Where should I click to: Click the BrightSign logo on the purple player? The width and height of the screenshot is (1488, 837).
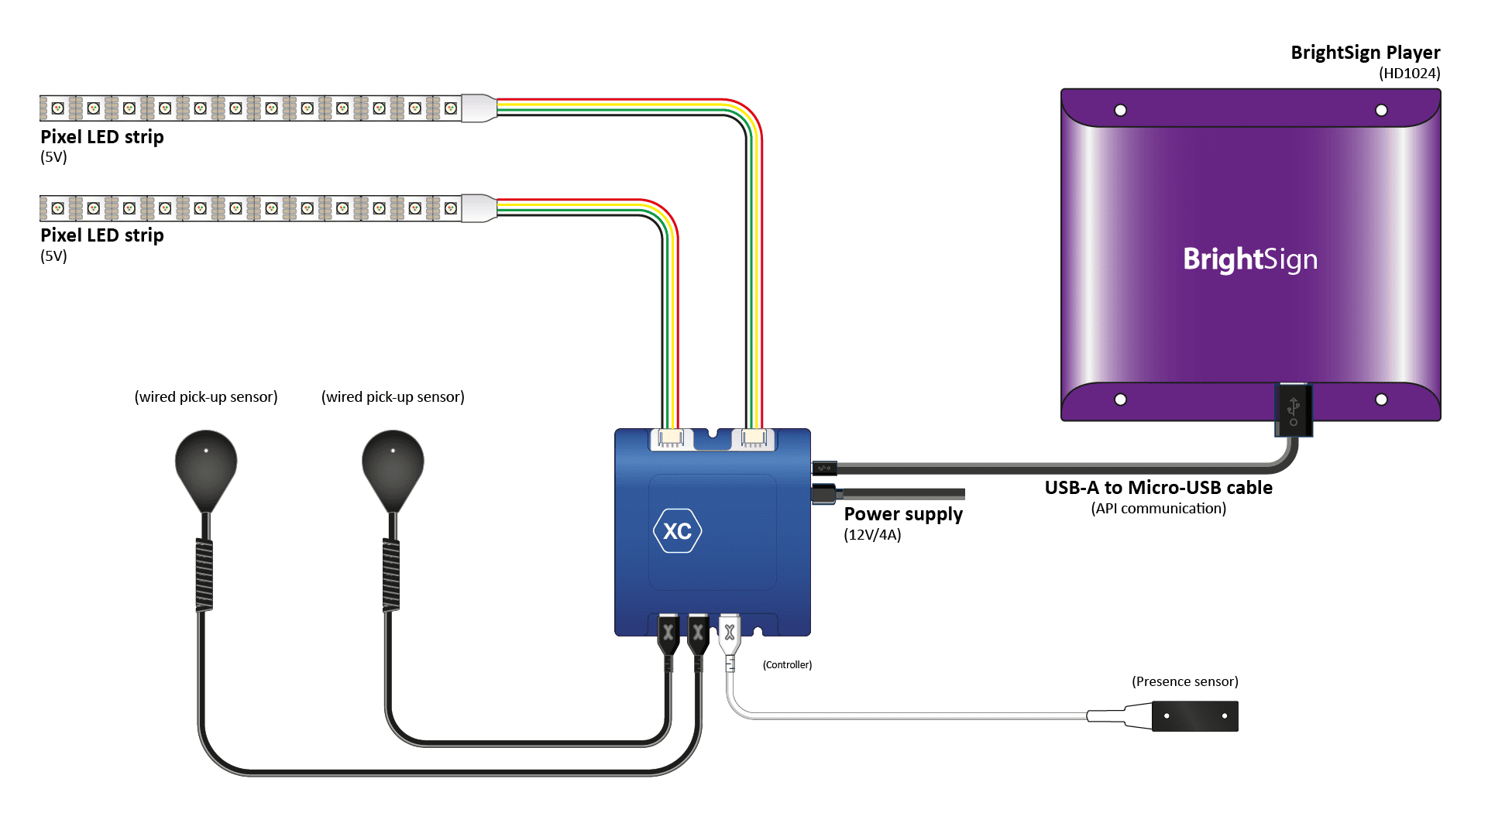(1249, 259)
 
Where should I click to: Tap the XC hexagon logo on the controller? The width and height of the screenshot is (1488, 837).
(677, 531)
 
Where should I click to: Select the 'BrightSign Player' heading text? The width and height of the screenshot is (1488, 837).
(1365, 53)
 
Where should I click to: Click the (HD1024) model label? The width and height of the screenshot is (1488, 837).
(1409, 74)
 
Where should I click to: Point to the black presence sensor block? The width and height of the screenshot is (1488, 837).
(1194, 716)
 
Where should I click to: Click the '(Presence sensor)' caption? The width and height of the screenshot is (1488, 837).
(1184, 681)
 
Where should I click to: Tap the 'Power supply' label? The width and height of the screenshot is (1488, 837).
(902, 514)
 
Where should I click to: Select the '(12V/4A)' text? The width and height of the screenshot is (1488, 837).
(872, 535)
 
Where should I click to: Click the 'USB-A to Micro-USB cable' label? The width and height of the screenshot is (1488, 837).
(1158, 488)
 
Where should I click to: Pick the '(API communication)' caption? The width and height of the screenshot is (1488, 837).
(1158, 509)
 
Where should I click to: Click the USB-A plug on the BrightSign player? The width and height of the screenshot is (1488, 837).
(1293, 410)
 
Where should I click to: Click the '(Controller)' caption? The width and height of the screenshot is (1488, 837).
(787, 665)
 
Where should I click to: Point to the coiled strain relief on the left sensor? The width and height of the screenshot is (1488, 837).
(204, 575)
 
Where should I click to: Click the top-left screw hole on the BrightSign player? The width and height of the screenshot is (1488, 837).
(1120, 111)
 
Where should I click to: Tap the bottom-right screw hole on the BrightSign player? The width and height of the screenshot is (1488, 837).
(1381, 400)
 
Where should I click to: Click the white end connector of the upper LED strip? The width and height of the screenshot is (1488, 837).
(479, 108)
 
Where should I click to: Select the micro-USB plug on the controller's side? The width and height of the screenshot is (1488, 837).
(824, 468)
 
